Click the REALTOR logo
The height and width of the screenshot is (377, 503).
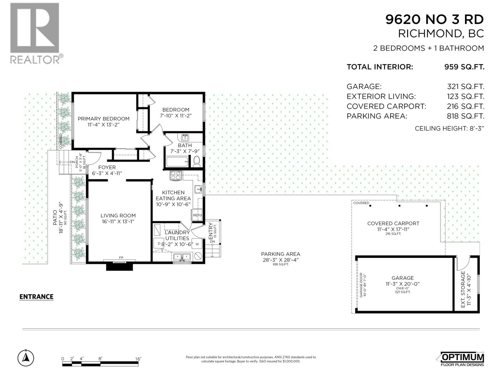click(35, 33)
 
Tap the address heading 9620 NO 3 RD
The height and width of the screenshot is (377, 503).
click(434, 19)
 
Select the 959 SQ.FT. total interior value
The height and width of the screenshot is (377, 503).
click(464, 67)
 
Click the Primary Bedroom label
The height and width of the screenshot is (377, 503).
click(103, 119)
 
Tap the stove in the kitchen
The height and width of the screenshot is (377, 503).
click(176, 175)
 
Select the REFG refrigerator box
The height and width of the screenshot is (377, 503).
click(197, 215)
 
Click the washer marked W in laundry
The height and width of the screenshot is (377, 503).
click(197, 244)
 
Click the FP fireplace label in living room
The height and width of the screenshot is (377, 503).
click(121, 258)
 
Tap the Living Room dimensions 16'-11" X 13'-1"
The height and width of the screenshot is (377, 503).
click(118, 221)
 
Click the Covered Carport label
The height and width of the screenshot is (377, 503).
click(393, 223)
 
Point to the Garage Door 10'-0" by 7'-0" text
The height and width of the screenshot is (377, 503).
click(363, 285)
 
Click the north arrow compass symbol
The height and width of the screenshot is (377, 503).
click(26, 358)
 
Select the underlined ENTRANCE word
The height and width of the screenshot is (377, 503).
click(36, 297)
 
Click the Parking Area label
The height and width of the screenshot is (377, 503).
click(280, 254)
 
